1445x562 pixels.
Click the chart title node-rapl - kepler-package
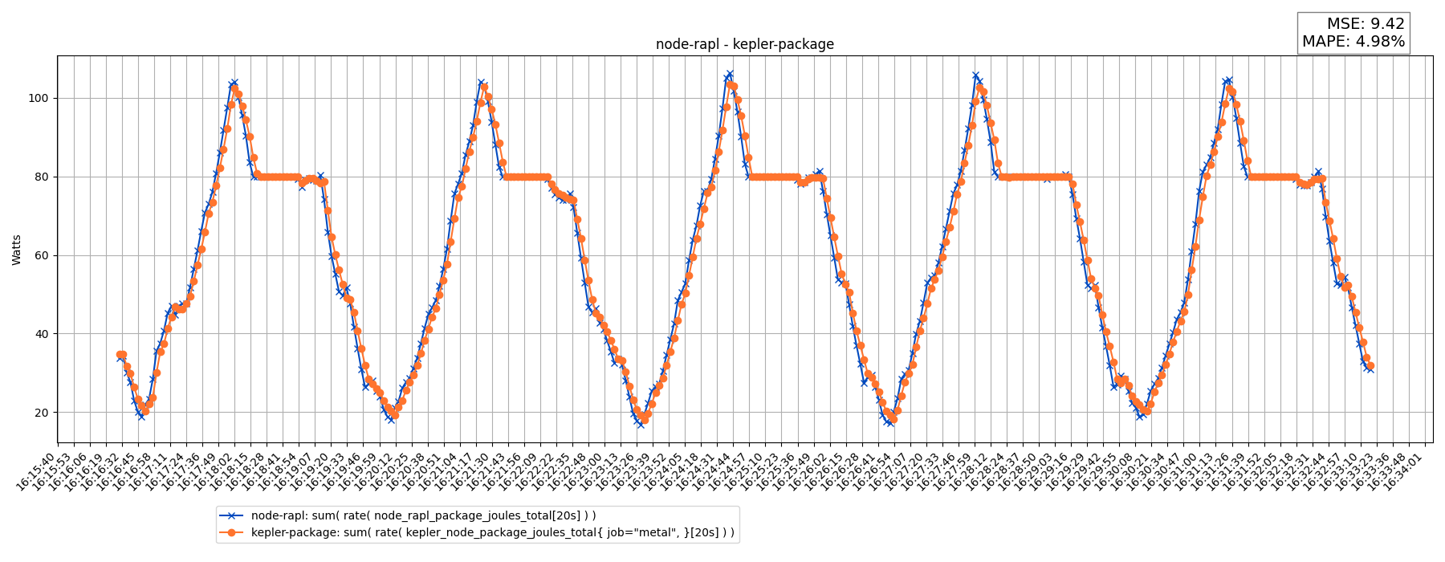point(744,45)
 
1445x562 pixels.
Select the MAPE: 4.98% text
point(1353,42)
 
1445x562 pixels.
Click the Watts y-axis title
point(17,250)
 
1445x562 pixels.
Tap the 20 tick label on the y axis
point(40,413)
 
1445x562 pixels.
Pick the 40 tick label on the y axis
point(40,334)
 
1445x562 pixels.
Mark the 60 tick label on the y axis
point(40,255)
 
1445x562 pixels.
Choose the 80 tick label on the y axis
point(40,177)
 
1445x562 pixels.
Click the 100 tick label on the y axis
point(38,99)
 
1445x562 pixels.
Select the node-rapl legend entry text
point(423,516)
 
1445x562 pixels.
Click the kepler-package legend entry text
point(492,532)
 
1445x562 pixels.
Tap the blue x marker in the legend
point(232,516)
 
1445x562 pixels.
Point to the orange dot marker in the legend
point(232,532)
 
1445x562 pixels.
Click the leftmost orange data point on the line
point(120,355)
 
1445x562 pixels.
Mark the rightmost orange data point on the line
point(1370,366)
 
